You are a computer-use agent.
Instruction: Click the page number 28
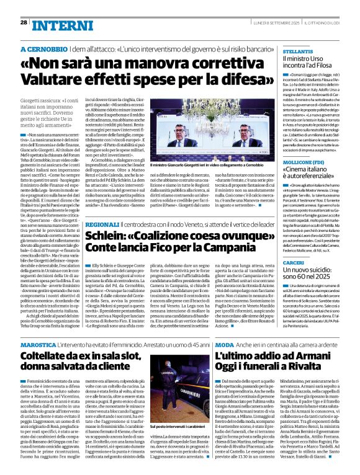24,22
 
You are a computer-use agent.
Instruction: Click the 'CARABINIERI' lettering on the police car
184,410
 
